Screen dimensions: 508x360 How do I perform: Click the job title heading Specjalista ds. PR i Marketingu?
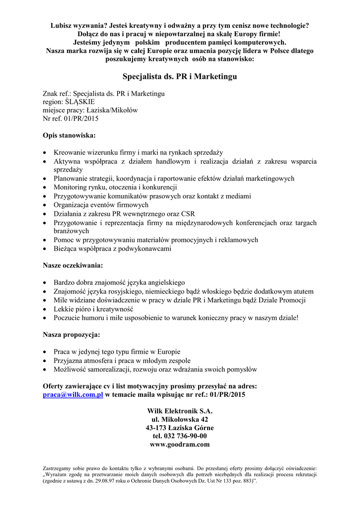tap(180, 76)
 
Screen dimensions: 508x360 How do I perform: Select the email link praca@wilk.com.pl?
tap(72, 395)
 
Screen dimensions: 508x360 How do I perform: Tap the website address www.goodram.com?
tap(180, 444)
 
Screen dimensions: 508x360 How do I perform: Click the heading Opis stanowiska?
tap(70, 135)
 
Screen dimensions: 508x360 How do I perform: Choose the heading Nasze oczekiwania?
tap(73, 265)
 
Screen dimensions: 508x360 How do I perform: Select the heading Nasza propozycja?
tap(72, 334)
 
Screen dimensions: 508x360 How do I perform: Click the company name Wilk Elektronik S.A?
tap(180, 411)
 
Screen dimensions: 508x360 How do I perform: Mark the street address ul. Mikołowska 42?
tap(180, 419)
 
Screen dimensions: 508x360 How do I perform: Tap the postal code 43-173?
tap(156, 428)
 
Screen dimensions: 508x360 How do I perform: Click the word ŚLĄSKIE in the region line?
tap(79, 102)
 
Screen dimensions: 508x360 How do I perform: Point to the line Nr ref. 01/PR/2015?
tap(71, 119)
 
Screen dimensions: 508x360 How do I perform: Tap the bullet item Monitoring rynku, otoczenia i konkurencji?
tap(116, 188)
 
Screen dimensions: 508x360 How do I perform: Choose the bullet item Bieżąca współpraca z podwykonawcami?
tap(113, 249)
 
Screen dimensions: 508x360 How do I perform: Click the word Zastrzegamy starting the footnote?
tap(59, 468)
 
